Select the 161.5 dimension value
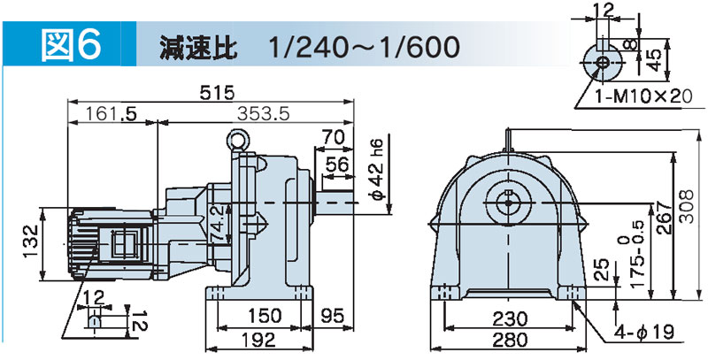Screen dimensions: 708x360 tap(106, 115)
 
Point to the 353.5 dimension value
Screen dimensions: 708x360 tap(263, 115)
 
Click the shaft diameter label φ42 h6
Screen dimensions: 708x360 tap(378, 169)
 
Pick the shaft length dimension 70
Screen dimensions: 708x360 tap(334, 136)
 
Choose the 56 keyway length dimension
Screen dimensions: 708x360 tap(337, 165)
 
